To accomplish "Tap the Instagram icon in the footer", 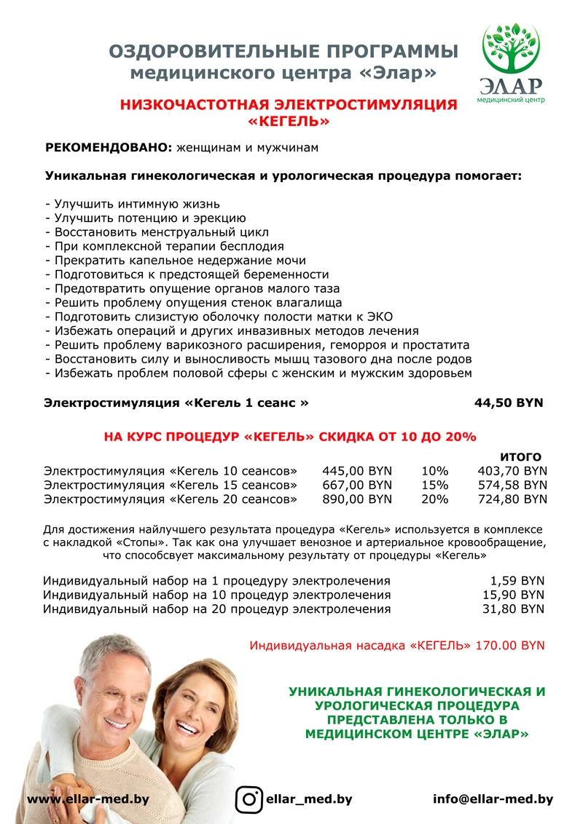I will tap(249, 799).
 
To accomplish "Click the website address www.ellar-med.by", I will tap(88, 799).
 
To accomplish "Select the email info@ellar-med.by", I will tap(493, 799).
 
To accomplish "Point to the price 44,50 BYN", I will tap(509, 403).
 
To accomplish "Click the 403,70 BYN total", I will tap(512, 470).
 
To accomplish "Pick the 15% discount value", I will tap(435, 485).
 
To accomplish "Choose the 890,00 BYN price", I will tap(357, 499).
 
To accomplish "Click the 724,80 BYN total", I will tap(512, 499).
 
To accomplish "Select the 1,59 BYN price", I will tap(518, 581).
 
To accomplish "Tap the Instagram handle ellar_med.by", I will tap(310, 799).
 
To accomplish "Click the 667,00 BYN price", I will tap(357, 485).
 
